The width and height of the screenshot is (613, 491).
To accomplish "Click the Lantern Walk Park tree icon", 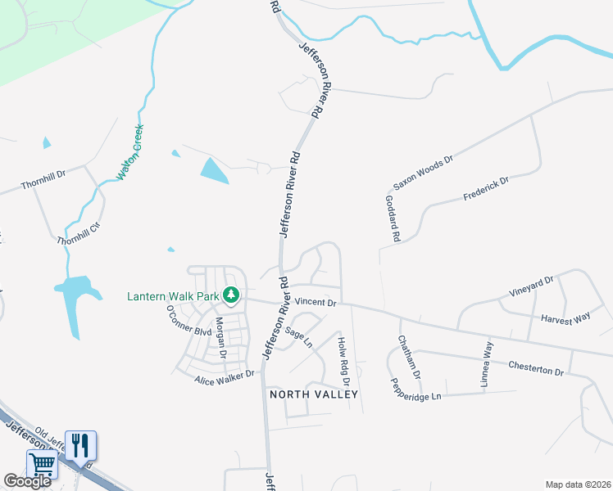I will pyautogui.click(x=232, y=295).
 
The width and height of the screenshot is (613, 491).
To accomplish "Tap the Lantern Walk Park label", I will pyautogui.click(x=173, y=296).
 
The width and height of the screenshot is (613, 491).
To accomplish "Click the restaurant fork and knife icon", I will pyautogui.click(x=80, y=445).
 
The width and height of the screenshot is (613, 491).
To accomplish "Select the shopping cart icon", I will pyautogui.click(x=43, y=465).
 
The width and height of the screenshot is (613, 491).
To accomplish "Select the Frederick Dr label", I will pyautogui.click(x=486, y=187).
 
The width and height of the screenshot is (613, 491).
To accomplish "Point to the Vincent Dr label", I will pyautogui.click(x=316, y=303).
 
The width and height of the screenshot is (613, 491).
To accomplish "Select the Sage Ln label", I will pyautogui.click(x=299, y=337).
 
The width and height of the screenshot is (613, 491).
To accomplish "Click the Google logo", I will pyautogui.click(x=27, y=481).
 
